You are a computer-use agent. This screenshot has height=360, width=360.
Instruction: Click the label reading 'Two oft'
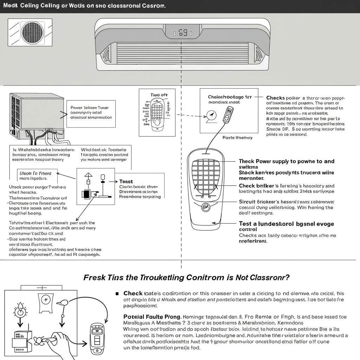[x=159, y=95]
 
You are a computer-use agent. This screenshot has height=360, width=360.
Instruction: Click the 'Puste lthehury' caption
[x=237, y=138]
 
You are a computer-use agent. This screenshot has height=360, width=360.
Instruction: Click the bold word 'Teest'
[x=126, y=181]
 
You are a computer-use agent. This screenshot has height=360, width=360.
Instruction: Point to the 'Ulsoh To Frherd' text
[x=35, y=173]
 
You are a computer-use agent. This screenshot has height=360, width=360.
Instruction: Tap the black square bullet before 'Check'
[x=117, y=293]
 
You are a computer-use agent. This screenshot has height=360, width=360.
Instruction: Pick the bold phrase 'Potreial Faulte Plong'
[x=152, y=316]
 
